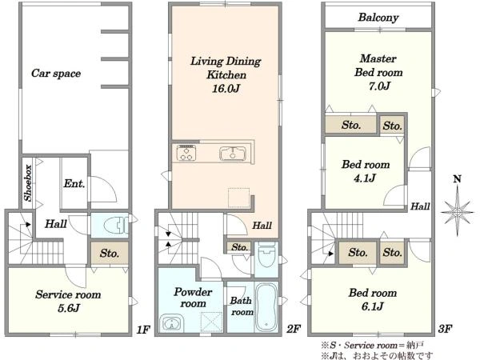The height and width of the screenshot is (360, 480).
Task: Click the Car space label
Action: pos(56,73)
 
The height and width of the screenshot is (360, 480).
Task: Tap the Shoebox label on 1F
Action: pos(28,183)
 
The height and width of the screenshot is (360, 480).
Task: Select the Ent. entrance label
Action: pos(74,183)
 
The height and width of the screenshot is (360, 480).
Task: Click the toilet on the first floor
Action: pos(115,226)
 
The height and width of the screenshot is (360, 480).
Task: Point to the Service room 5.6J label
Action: pos(68,301)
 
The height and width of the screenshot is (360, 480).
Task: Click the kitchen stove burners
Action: pos(186,153)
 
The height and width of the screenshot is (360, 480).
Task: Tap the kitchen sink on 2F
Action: pos(233,154)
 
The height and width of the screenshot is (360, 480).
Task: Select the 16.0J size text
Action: pos(226,89)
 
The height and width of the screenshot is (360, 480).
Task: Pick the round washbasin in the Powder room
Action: pos(171,323)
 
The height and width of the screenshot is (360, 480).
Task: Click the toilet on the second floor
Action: pos(267,256)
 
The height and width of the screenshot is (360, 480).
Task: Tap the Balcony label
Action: pos(378,18)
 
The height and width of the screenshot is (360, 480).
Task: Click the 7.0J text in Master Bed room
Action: pos(379,86)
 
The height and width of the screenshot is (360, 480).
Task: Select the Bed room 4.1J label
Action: pos(366,171)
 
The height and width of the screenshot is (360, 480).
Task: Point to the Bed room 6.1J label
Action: pos(373,299)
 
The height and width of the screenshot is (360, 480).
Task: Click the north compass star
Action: pos(458,211)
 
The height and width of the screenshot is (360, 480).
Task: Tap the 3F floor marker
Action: pos(445,329)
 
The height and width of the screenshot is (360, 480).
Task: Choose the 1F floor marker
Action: pos(143,330)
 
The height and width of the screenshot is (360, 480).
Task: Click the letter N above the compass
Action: pos(457,178)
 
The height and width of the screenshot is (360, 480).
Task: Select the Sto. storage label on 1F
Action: pos(110,253)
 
